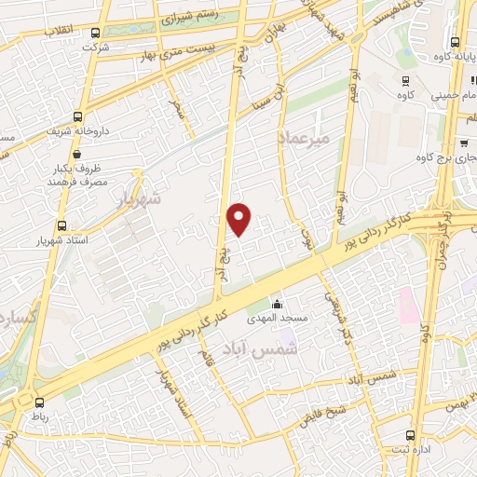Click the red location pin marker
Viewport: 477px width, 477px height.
[x=239, y=218]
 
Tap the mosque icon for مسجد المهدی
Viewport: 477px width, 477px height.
[x=277, y=304]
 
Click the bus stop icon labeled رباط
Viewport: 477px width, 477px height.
[x=39, y=402]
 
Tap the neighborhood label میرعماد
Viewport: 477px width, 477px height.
[x=304, y=138]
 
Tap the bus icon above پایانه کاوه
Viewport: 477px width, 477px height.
[x=455, y=42]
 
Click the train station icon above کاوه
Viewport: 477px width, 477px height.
[x=404, y=81]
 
